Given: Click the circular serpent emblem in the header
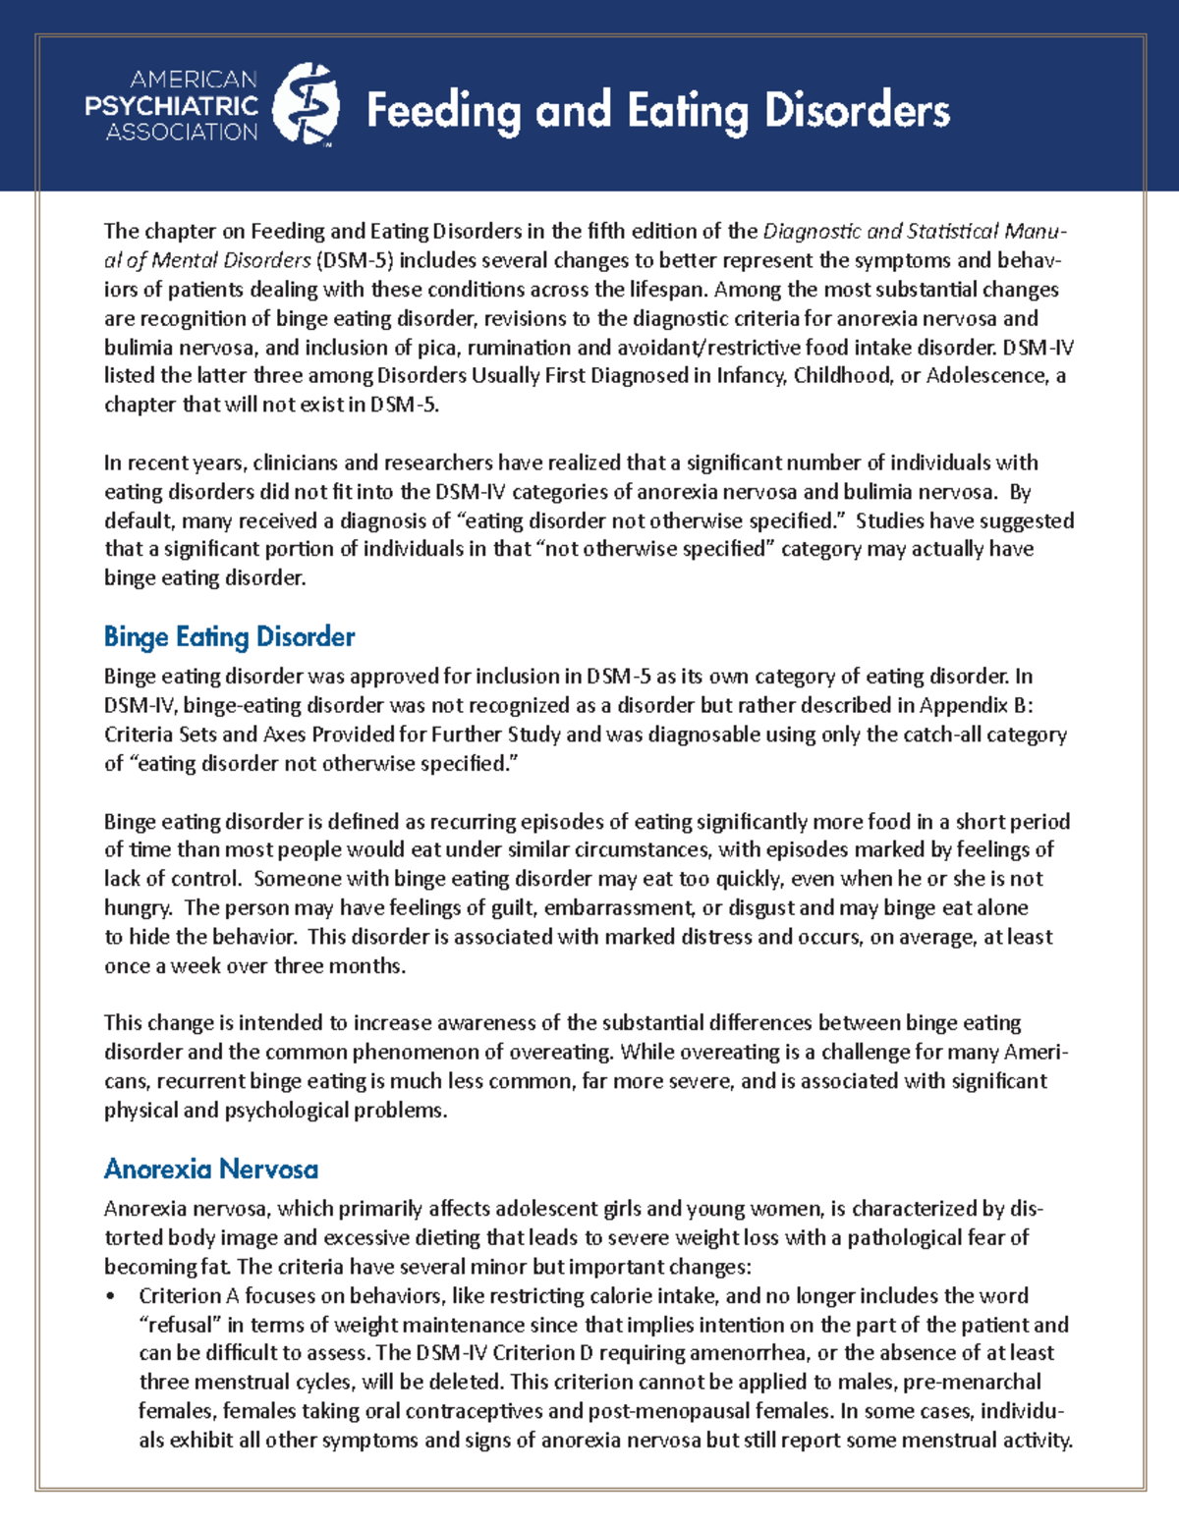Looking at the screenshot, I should point(306,104).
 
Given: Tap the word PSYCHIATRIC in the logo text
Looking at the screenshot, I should point(171,105).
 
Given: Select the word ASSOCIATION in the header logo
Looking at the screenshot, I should point(182,132).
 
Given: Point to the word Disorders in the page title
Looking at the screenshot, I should point(857,110).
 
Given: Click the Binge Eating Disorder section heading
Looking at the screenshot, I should point(229,637).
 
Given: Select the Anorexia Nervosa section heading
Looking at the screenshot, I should point(211,1170).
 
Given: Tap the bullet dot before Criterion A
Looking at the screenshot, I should point(111,1297).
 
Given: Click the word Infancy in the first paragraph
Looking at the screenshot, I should point(752,376).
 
